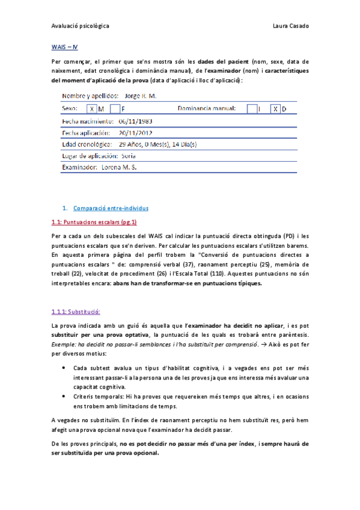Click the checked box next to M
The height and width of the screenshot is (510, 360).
91,109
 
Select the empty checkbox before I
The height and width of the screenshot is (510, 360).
252,109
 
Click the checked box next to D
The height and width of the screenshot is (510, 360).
275,109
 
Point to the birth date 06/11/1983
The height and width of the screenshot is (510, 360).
136,121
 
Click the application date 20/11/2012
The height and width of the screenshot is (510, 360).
136,132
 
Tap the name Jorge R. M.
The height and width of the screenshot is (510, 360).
140,96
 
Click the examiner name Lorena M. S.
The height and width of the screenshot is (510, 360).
120,167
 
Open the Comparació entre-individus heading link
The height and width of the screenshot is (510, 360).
111,208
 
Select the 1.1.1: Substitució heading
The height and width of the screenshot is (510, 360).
76,312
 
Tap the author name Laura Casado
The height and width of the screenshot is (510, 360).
291,26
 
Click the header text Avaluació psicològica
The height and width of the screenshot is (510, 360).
80,26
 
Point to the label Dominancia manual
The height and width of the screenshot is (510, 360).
207,109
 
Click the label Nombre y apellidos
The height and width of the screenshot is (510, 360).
90,96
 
